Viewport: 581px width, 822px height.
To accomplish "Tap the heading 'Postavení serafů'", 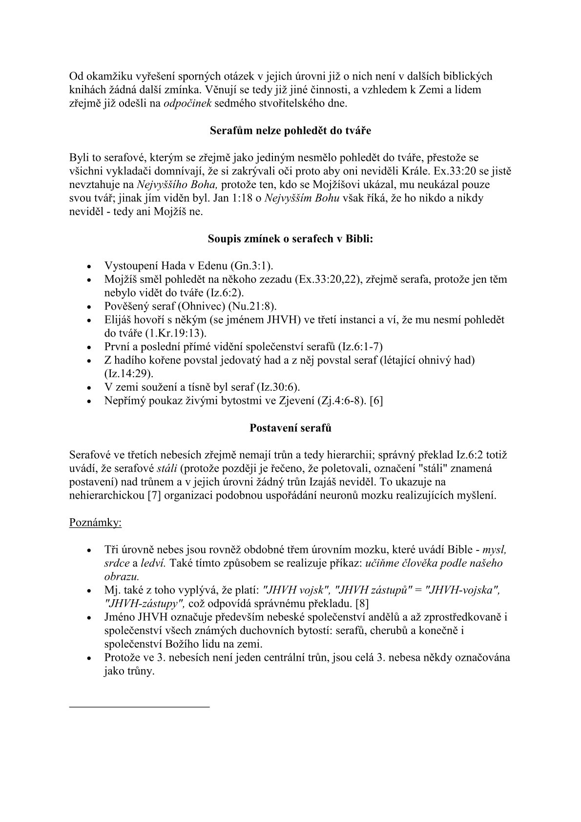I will (290, 428).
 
